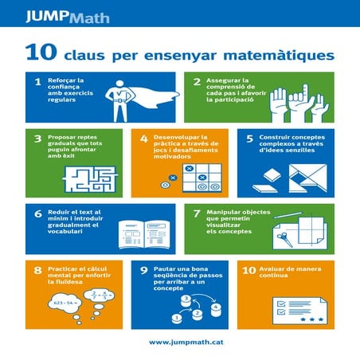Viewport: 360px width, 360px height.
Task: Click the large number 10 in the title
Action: point(39,53)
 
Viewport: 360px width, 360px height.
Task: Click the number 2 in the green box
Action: point(197,82)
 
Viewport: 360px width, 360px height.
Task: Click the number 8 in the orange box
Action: point(37,271)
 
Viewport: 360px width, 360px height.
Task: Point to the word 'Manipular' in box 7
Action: point(224,213)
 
